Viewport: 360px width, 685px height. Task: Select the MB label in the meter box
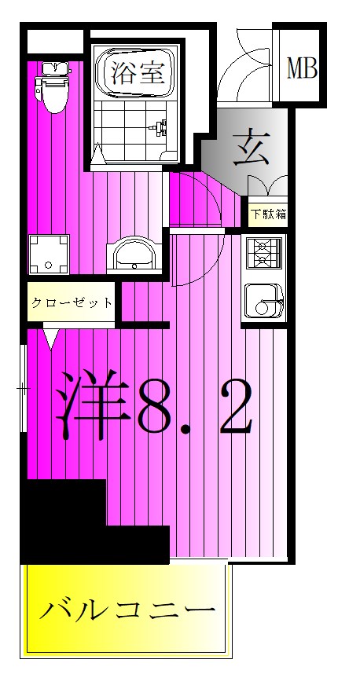tap(301, 68)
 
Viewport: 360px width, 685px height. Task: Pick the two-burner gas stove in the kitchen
tap(262, 253)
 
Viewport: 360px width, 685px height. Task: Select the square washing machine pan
tap(49, 253)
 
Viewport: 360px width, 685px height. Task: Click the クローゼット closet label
tap(72, 302)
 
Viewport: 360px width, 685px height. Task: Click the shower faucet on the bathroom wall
tap(162, 127)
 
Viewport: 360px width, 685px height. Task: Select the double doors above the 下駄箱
tap(267, 187)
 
